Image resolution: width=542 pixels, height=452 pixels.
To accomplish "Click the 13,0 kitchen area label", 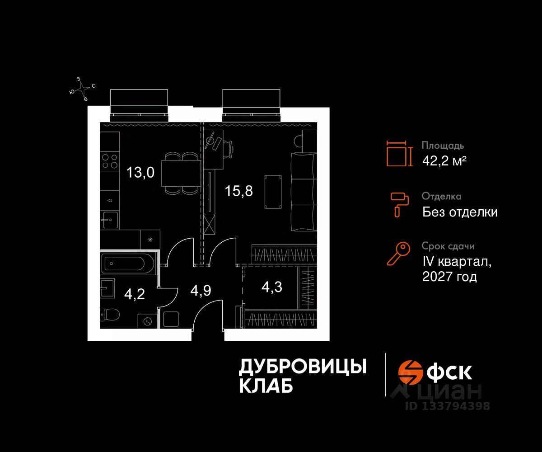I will tap(140, 172).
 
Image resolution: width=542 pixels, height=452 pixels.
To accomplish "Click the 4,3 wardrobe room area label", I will tap(272, 287).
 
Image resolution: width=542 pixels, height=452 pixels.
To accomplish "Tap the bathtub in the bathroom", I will tap(128, 263).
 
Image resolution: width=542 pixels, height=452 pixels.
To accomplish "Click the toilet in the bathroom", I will tap(110, 313).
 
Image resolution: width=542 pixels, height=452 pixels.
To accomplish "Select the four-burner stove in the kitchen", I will tap(109, 161).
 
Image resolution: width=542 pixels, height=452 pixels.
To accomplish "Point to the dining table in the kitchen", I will tap(181, 174).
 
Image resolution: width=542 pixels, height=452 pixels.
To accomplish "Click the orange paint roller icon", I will tap(399, 204).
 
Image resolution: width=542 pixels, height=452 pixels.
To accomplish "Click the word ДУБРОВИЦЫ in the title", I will tap(302, 367).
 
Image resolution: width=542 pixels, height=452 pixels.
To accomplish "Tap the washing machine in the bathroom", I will tap(148, 321).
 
